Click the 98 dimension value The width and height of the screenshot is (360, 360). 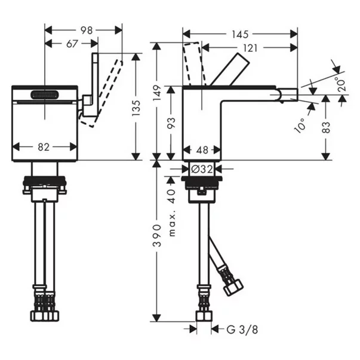click(x=87, y=30)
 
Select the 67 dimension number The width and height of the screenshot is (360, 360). click(x=72, y=44)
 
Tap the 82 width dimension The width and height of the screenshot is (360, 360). click(x=44, y=147)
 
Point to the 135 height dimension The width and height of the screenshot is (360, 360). click(x=136, y=108)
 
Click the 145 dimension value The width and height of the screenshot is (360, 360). click(x=240, y=35)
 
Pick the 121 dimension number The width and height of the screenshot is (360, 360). click(x=250, y=48)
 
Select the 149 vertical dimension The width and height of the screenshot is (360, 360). click(x=157, y=93)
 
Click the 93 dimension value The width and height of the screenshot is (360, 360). click(x=171, y=122)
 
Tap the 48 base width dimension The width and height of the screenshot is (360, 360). click(x=202, y=150)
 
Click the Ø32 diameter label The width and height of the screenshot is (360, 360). click(x=202, y=170)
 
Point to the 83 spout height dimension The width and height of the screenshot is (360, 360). click(x=326, y=128)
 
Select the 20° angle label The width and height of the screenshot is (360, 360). click(x=341, y=84)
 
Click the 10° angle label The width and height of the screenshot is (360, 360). click(x=300, y=125)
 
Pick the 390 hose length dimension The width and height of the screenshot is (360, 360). click(x=157, y=236)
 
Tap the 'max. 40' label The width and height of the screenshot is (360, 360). click(x=172, y=213)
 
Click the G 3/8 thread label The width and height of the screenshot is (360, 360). click(x=242, y=330)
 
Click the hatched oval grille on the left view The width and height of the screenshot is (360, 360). click(x=45, y=95)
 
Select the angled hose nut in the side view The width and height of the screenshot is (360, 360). click(x=233, y=287)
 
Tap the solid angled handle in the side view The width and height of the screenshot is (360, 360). click(x=230, y=69)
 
